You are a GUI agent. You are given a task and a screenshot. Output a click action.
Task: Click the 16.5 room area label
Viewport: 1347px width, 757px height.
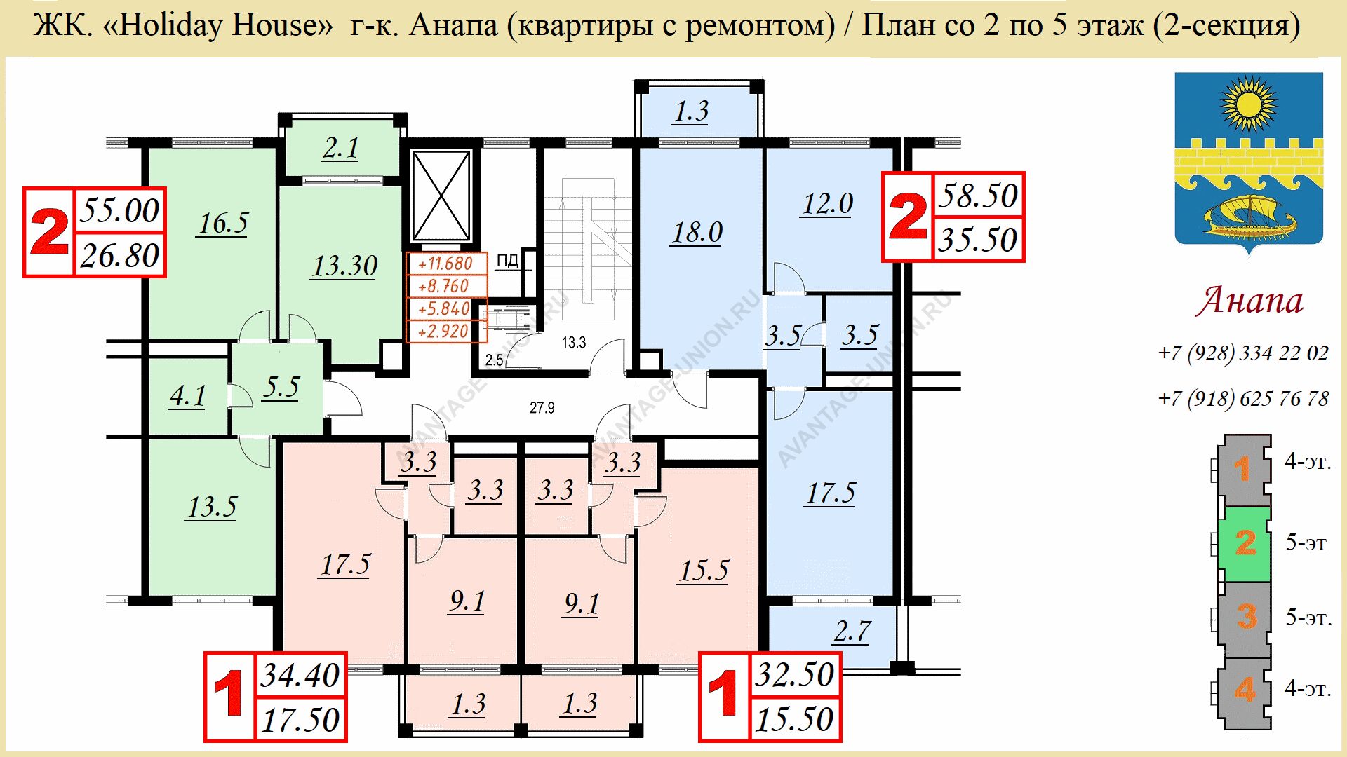[222, 224]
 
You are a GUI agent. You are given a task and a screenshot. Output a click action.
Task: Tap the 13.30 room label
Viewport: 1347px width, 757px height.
[344, 266]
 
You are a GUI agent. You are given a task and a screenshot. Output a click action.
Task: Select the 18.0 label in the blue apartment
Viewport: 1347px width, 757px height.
[697, 233]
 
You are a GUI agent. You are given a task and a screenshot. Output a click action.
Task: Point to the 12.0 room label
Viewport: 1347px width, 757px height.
[827, 204]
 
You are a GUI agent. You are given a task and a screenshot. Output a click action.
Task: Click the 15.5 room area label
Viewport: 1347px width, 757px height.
[704, 571]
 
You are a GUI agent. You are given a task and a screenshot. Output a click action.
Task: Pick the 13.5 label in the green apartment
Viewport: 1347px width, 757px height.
[212, 507]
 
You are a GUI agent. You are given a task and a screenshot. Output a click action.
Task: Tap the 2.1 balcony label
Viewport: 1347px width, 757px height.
[341, 148]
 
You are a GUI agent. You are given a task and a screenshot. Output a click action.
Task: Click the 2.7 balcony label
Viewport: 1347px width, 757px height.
[852, 632]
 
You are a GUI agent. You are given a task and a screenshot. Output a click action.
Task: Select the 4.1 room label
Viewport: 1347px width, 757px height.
[187, 396]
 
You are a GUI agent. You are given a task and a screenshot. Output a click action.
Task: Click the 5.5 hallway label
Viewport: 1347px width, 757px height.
[281, 387]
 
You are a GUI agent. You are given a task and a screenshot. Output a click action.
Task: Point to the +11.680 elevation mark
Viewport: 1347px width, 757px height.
[445, 264]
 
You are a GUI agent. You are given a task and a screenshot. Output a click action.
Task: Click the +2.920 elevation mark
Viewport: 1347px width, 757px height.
[443, 331]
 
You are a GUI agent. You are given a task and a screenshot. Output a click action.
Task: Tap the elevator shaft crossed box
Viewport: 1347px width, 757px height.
[441, 196]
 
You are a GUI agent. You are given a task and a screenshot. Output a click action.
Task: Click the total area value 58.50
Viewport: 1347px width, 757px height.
[978, 196]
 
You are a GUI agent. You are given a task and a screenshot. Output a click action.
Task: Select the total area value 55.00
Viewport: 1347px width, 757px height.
[120, 210]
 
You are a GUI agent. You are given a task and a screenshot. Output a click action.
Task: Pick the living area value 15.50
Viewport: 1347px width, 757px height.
[794, 719]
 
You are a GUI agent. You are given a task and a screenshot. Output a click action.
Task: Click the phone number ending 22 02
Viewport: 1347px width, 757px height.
[1244, 353]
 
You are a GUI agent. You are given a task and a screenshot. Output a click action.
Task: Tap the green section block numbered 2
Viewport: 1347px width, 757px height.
[1244, 543]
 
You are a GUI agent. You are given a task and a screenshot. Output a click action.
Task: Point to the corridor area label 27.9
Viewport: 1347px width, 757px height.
[542, 408]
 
